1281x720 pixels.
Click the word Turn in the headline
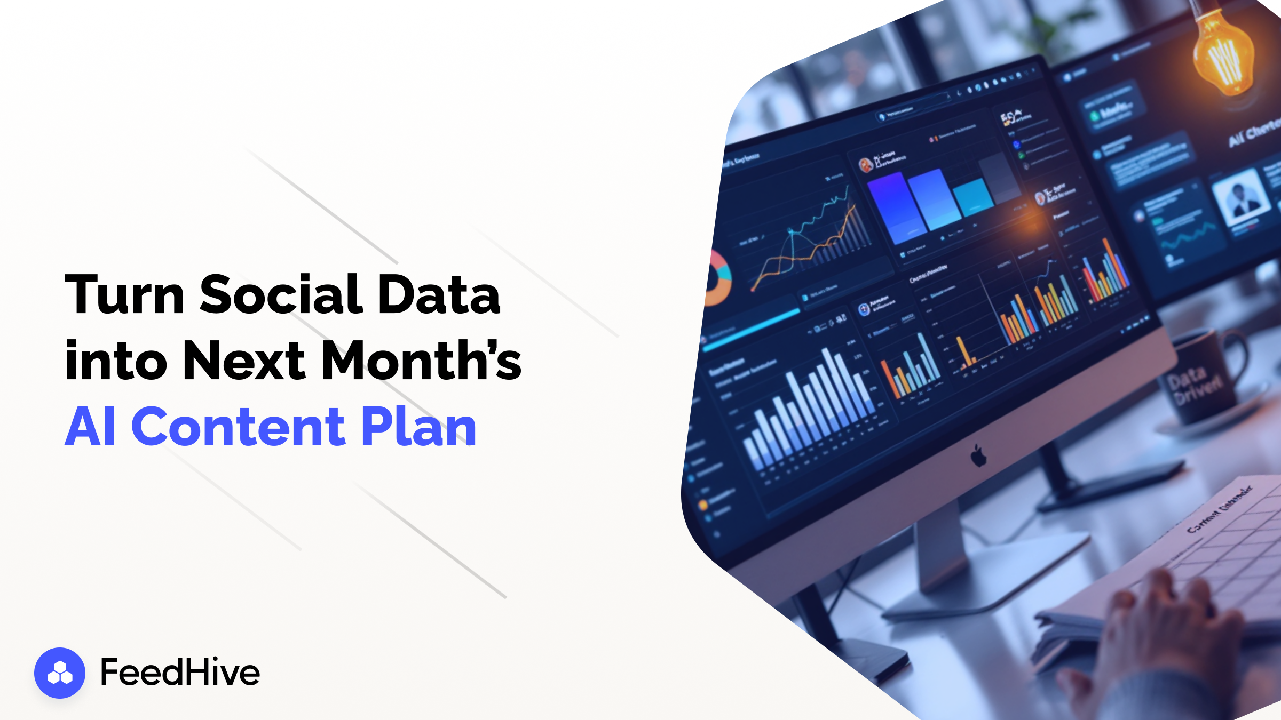pyautogui.click(x=124, y=294)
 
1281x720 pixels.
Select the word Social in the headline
pyautogui.click(x=281, y=294)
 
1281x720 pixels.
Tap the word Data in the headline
pyautogui.click(x=439, y=294)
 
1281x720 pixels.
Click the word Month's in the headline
pyautogui.click(x=421, y=361)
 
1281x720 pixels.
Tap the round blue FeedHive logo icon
pyautogui.click(x=60, y=673)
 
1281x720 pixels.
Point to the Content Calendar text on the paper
pyautogui.click(x=1220, y=509)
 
